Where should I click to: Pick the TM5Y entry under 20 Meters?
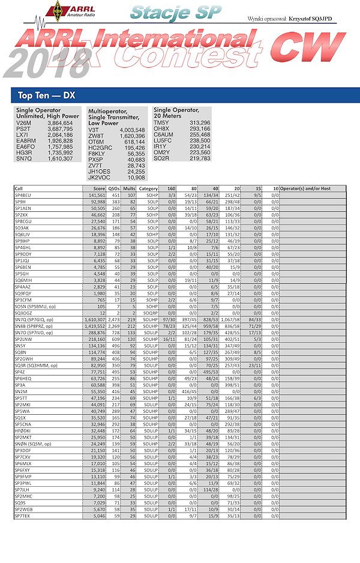(x=162, y=122)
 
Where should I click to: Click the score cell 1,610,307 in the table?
(x=94, y=319)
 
